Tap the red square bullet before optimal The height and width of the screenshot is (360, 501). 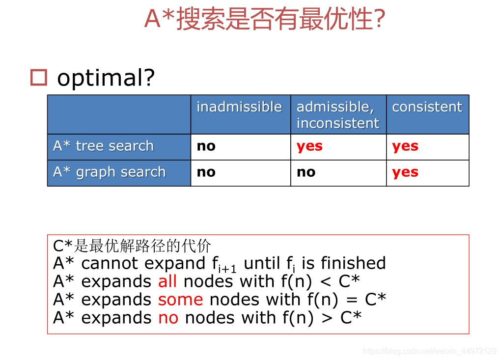click(x=38, y=78)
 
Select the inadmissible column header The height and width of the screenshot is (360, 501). click(x=239, y=107)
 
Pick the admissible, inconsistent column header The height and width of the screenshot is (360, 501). click(x=338, y=115)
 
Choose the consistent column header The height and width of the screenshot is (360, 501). click(x=427, y=107)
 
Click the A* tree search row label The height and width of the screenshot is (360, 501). click(x=103, y=146)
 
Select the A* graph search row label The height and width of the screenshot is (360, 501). click(x=109, y=172)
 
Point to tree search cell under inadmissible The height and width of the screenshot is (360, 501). click(x=206, y=146)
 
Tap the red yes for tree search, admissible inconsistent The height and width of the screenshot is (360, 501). click(x=309, y=146)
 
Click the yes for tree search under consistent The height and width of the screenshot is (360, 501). click(x=405, y=146)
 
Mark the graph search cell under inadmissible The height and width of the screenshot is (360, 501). click(x=206, y=172)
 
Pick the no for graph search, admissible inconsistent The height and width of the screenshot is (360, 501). click(x=306, y=172)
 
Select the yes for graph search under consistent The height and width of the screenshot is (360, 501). click(x=405, y=172)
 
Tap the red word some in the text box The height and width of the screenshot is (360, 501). click(x=180, y=300)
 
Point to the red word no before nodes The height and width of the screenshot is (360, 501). click(x=168, y=318)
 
